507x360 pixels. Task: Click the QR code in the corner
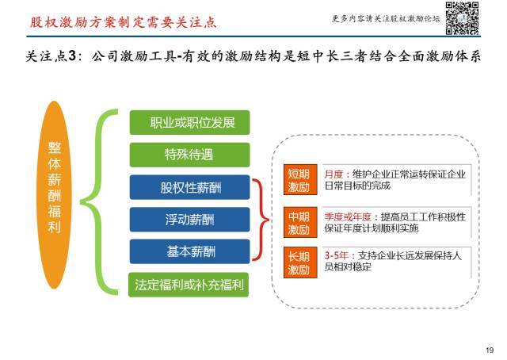point(462,18)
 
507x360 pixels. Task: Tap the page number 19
point(490,350)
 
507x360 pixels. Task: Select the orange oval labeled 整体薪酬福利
point(55,194)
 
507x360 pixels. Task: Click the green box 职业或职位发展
point(190,122)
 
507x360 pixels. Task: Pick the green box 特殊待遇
point(190,155)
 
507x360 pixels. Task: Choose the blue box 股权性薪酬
point(190,187)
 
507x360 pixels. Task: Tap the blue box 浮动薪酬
point(190,220)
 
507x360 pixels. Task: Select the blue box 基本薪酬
point(190,251)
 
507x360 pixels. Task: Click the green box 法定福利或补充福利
point(189,285)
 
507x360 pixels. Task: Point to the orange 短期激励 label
point(300,180)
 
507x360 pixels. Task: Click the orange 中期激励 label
point(300,222)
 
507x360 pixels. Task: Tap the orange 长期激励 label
point(300,262)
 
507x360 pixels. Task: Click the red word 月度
point(334,174)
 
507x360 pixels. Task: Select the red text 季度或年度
point(348,216)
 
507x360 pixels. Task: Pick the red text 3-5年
point(336,255)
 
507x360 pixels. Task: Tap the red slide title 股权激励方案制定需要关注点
point(124,22)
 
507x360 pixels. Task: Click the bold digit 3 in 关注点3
point(72,56)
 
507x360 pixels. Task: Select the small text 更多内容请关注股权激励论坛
point(386,18)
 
